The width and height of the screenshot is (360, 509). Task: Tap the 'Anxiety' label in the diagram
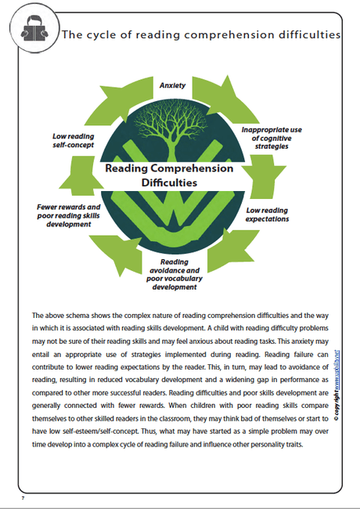pyautogui.click(x=172, y=85)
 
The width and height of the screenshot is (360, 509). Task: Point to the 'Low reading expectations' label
pyautogui.click(x=268, y=215)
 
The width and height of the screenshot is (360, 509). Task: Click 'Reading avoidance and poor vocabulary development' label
pyautogui.click(x=174, y=274)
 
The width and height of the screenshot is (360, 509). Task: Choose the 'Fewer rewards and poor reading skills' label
pyautogui.click(x=74, y=213)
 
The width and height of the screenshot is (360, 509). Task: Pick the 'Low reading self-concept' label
pyautogui.click(x=74, y=139)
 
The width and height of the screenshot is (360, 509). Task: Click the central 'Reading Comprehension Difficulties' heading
pyautogui.click(x=169, y=175)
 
